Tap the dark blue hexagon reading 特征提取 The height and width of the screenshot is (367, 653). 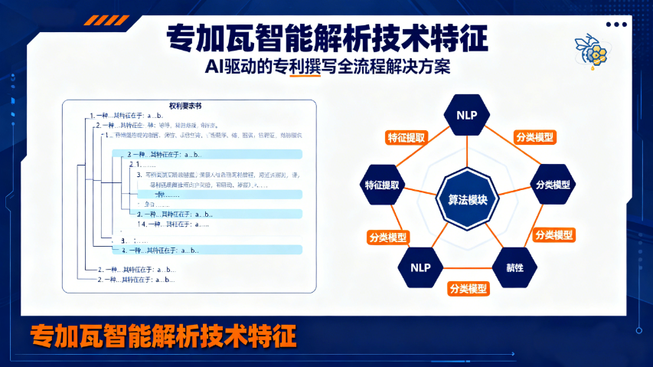coord(386,185)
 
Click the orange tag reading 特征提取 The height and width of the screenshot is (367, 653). coord(406,138)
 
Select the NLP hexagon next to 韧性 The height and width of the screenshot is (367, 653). coord(420,267)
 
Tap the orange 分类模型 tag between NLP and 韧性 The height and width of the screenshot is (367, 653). coord(469,289)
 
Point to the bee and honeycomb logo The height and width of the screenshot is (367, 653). coord(590,48)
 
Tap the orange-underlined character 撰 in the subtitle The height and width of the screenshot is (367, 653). coord(291,67)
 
